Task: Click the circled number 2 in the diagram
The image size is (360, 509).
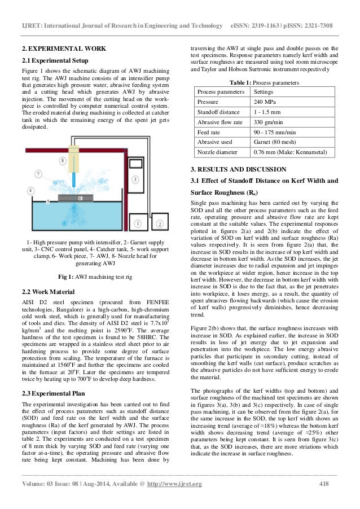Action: coord(160,224)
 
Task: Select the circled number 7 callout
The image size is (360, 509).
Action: coord(38,172)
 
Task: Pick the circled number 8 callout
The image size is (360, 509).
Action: coord(62,160)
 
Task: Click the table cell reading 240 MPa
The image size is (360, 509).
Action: coord(263,101)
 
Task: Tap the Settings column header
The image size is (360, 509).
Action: coord(264,91)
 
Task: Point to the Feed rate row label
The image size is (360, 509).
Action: coord(209,131)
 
